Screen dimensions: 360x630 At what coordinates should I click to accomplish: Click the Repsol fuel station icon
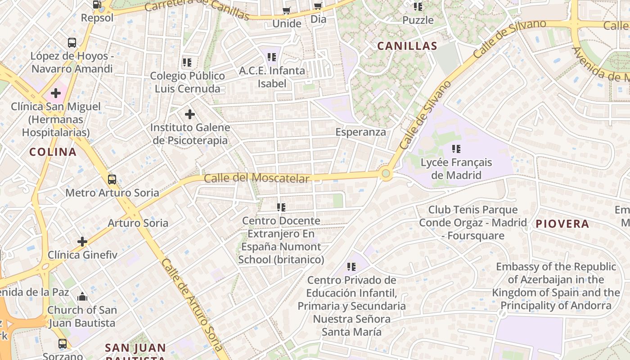[x=97, y=5]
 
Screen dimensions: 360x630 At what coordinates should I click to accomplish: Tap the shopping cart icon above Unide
[x=286, y=10]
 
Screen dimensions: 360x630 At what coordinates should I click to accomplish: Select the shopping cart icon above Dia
[x=318, y=6]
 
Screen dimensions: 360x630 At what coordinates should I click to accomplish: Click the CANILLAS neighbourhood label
[x=407, y=45]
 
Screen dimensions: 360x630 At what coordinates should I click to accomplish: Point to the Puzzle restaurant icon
[x=418, y=7]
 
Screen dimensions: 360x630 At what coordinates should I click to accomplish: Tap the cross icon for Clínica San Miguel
[x=56, y=93]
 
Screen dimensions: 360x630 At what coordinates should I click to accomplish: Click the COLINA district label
[x=53, y=152]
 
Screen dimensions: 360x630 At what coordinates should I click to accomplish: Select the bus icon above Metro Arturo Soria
[x=112, y=179]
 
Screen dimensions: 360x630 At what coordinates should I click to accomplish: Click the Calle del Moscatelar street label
[x=256, y=178]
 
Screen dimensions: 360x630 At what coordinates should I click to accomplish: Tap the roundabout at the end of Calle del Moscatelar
[x=386, y=173]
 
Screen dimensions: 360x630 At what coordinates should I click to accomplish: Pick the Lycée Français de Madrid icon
[x=456, y=148]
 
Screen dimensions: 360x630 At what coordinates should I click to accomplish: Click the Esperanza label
[x=361, y=132]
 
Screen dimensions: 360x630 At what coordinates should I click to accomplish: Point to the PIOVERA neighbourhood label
[x=562, y=224]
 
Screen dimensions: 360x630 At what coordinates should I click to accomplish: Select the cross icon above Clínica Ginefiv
[x=82, y=242]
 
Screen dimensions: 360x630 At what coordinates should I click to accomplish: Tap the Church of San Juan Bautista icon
[x=82, y=297]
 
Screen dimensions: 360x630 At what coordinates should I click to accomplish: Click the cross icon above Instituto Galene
[x=190, y=114]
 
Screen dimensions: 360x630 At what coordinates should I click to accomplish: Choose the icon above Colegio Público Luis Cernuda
[x=187, y=62]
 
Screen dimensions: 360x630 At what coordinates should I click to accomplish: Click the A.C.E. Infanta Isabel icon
[x=272, y=57]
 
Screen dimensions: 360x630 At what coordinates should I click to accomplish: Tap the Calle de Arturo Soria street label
[x=192, y=304]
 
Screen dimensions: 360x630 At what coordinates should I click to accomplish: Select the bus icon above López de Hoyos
[x=72, y=43]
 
